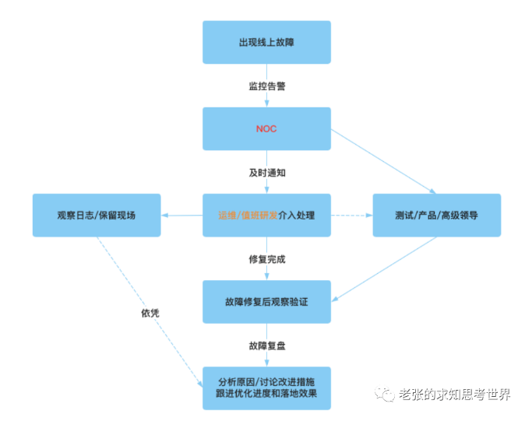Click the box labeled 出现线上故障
pos(266,42)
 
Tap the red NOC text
pos(266,128)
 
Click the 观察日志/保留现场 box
pos(96,215)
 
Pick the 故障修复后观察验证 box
pos(266,301)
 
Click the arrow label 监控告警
pos(266,86)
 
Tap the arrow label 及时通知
pos(266,172)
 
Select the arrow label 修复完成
pos(266,258)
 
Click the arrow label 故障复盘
pos(266,345)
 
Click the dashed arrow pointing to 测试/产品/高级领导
pos(352,216)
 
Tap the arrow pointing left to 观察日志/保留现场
pos(181,216)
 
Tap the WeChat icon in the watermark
pos(385,395)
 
